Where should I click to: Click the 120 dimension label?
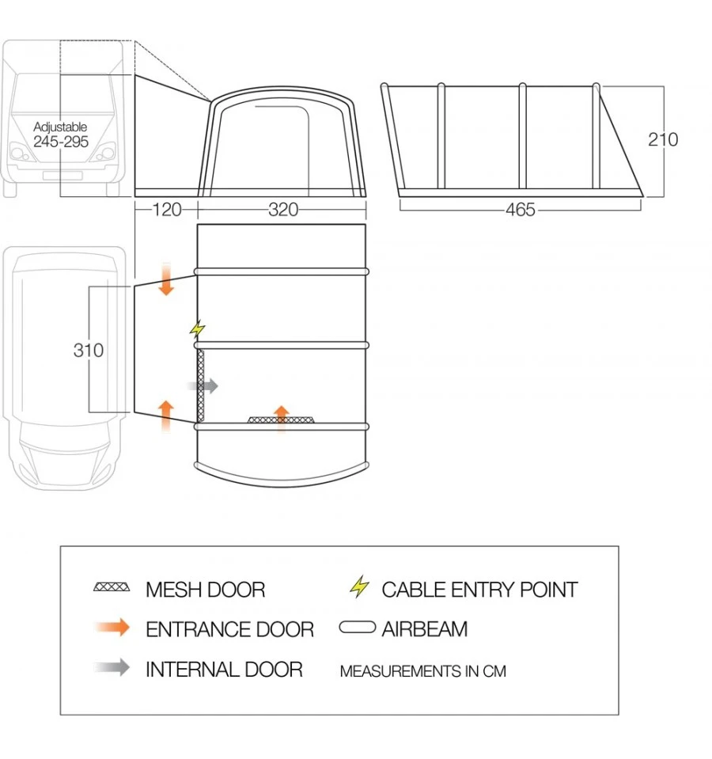click(166, 210)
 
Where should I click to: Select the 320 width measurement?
click(283, 210)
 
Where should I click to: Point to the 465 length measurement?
click(520, 210)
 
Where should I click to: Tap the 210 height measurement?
click(663, 139)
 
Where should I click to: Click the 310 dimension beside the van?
click(89, 350)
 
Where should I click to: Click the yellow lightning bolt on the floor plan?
click(198, 328)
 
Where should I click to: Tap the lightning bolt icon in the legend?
click(360, 587)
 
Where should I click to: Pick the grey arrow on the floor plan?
click(203, 386)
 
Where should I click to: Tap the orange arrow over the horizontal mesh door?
click(281, 414)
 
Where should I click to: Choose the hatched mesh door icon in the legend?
click(112, 588)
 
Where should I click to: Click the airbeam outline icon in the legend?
click(358, 628)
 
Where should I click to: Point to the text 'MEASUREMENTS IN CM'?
click(422, 671)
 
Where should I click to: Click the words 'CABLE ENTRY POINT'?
click(479, 590)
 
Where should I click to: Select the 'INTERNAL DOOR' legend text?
click(224, 670)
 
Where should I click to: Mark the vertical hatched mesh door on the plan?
click(201, 385)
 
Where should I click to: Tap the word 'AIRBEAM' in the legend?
click(425, 629)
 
